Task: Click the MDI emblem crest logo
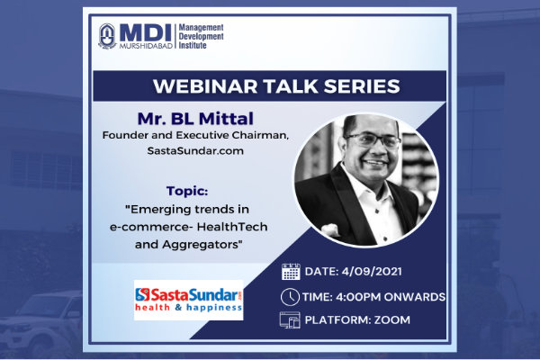(107, 36)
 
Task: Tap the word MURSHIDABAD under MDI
(146, 46)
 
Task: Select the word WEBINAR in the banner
(205, 86)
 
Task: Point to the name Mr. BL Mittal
(195, 119)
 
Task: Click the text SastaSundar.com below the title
(195, 151)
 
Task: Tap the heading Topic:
(187, 191)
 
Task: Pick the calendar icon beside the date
(291, 272)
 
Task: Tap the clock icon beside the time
(290, 297)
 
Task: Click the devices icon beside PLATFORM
(290, 320)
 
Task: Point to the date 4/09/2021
(372, 272)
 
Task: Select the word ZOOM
(392, 320)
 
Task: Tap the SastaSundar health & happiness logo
(188, 300)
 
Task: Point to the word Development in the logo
(201, 36)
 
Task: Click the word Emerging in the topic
(159, 210)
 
